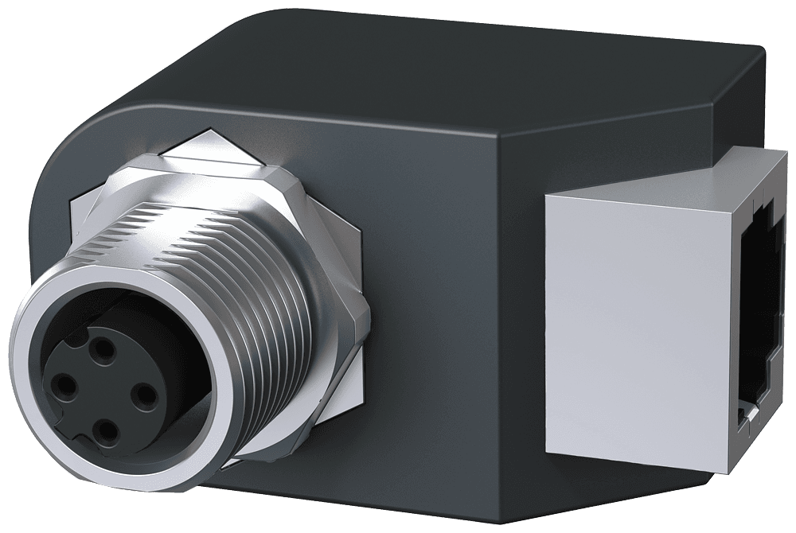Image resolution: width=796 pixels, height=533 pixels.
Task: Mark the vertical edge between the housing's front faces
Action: pyautogui.click(x=500, y=318)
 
